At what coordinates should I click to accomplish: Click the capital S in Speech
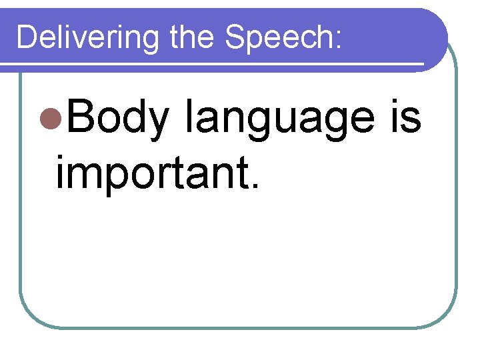235,37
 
